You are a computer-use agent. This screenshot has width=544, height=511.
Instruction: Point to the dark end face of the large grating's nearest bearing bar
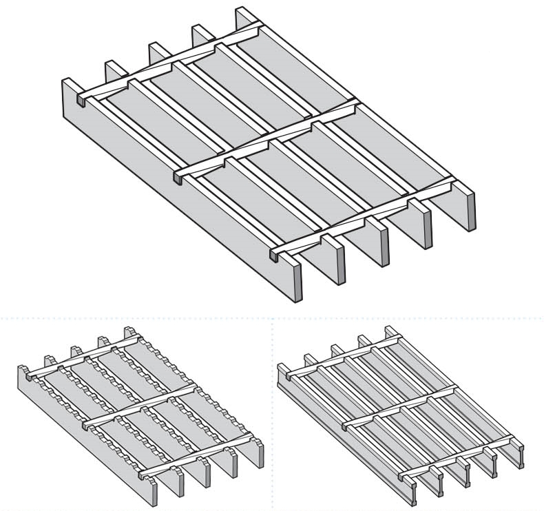coord(297,282)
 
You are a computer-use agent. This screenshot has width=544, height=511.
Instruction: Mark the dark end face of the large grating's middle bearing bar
coord(383,241)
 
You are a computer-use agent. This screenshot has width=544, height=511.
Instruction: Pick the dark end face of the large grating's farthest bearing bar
coord(470,209)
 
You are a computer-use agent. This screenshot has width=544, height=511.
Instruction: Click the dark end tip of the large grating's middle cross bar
coord(178,178)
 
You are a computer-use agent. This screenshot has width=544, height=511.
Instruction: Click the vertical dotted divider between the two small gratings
coord(273,413)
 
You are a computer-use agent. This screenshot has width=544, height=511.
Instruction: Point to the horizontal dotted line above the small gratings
coord(138,319)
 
